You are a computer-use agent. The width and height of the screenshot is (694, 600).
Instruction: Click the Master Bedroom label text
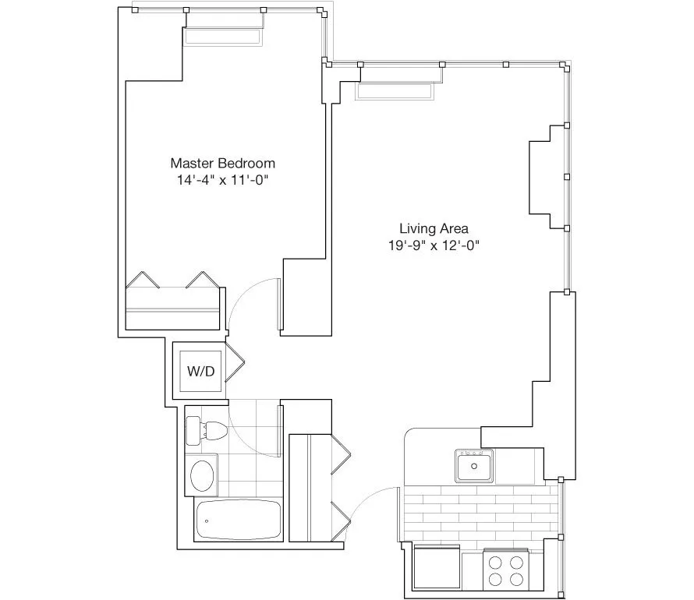tap(222, 164)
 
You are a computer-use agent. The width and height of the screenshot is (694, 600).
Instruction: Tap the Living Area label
tap(434, 229)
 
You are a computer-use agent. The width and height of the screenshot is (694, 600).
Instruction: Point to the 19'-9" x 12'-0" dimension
tap(434, 245)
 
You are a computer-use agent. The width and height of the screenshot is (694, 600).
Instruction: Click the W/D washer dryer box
tap(200, 371)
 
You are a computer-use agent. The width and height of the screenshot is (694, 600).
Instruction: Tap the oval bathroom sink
tap(205, 475)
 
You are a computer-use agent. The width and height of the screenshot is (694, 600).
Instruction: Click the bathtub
tap(238, 519)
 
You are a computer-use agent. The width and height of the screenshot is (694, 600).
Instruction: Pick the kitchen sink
tap(474, 468)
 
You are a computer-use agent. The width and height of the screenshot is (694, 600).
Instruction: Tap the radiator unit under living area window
tap(395, 92)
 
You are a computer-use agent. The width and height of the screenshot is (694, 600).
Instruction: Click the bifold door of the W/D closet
tap(235, 363)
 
